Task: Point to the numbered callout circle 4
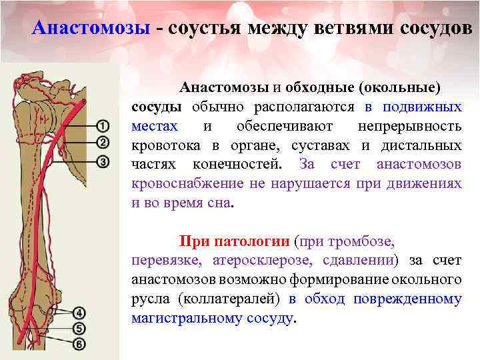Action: pyautogui.click(x=79, y=313)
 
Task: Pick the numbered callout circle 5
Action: pyautogui.click(x=79, y=328)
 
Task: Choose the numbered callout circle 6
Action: pyautogui.click(x=79, y=344)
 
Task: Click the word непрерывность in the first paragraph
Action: pyautogui.click(x=409, y=126)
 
